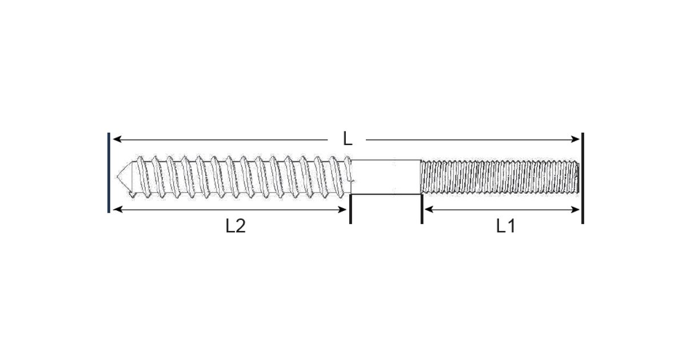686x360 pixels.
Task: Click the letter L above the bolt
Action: pos(347,139)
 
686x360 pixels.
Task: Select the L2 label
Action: pos(235,226)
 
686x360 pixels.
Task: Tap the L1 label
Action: pos(505,226)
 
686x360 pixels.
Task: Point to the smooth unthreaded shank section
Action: pos(386,177)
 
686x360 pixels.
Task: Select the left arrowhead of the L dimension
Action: pos(116,139)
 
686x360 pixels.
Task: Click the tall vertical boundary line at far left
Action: pos(109,172)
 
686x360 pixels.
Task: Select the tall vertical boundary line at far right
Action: pos(582,178)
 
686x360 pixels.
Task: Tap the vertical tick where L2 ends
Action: pos(350,209)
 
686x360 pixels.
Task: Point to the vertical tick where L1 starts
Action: pos(422,209)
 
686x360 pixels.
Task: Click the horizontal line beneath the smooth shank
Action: pos(386,195)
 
